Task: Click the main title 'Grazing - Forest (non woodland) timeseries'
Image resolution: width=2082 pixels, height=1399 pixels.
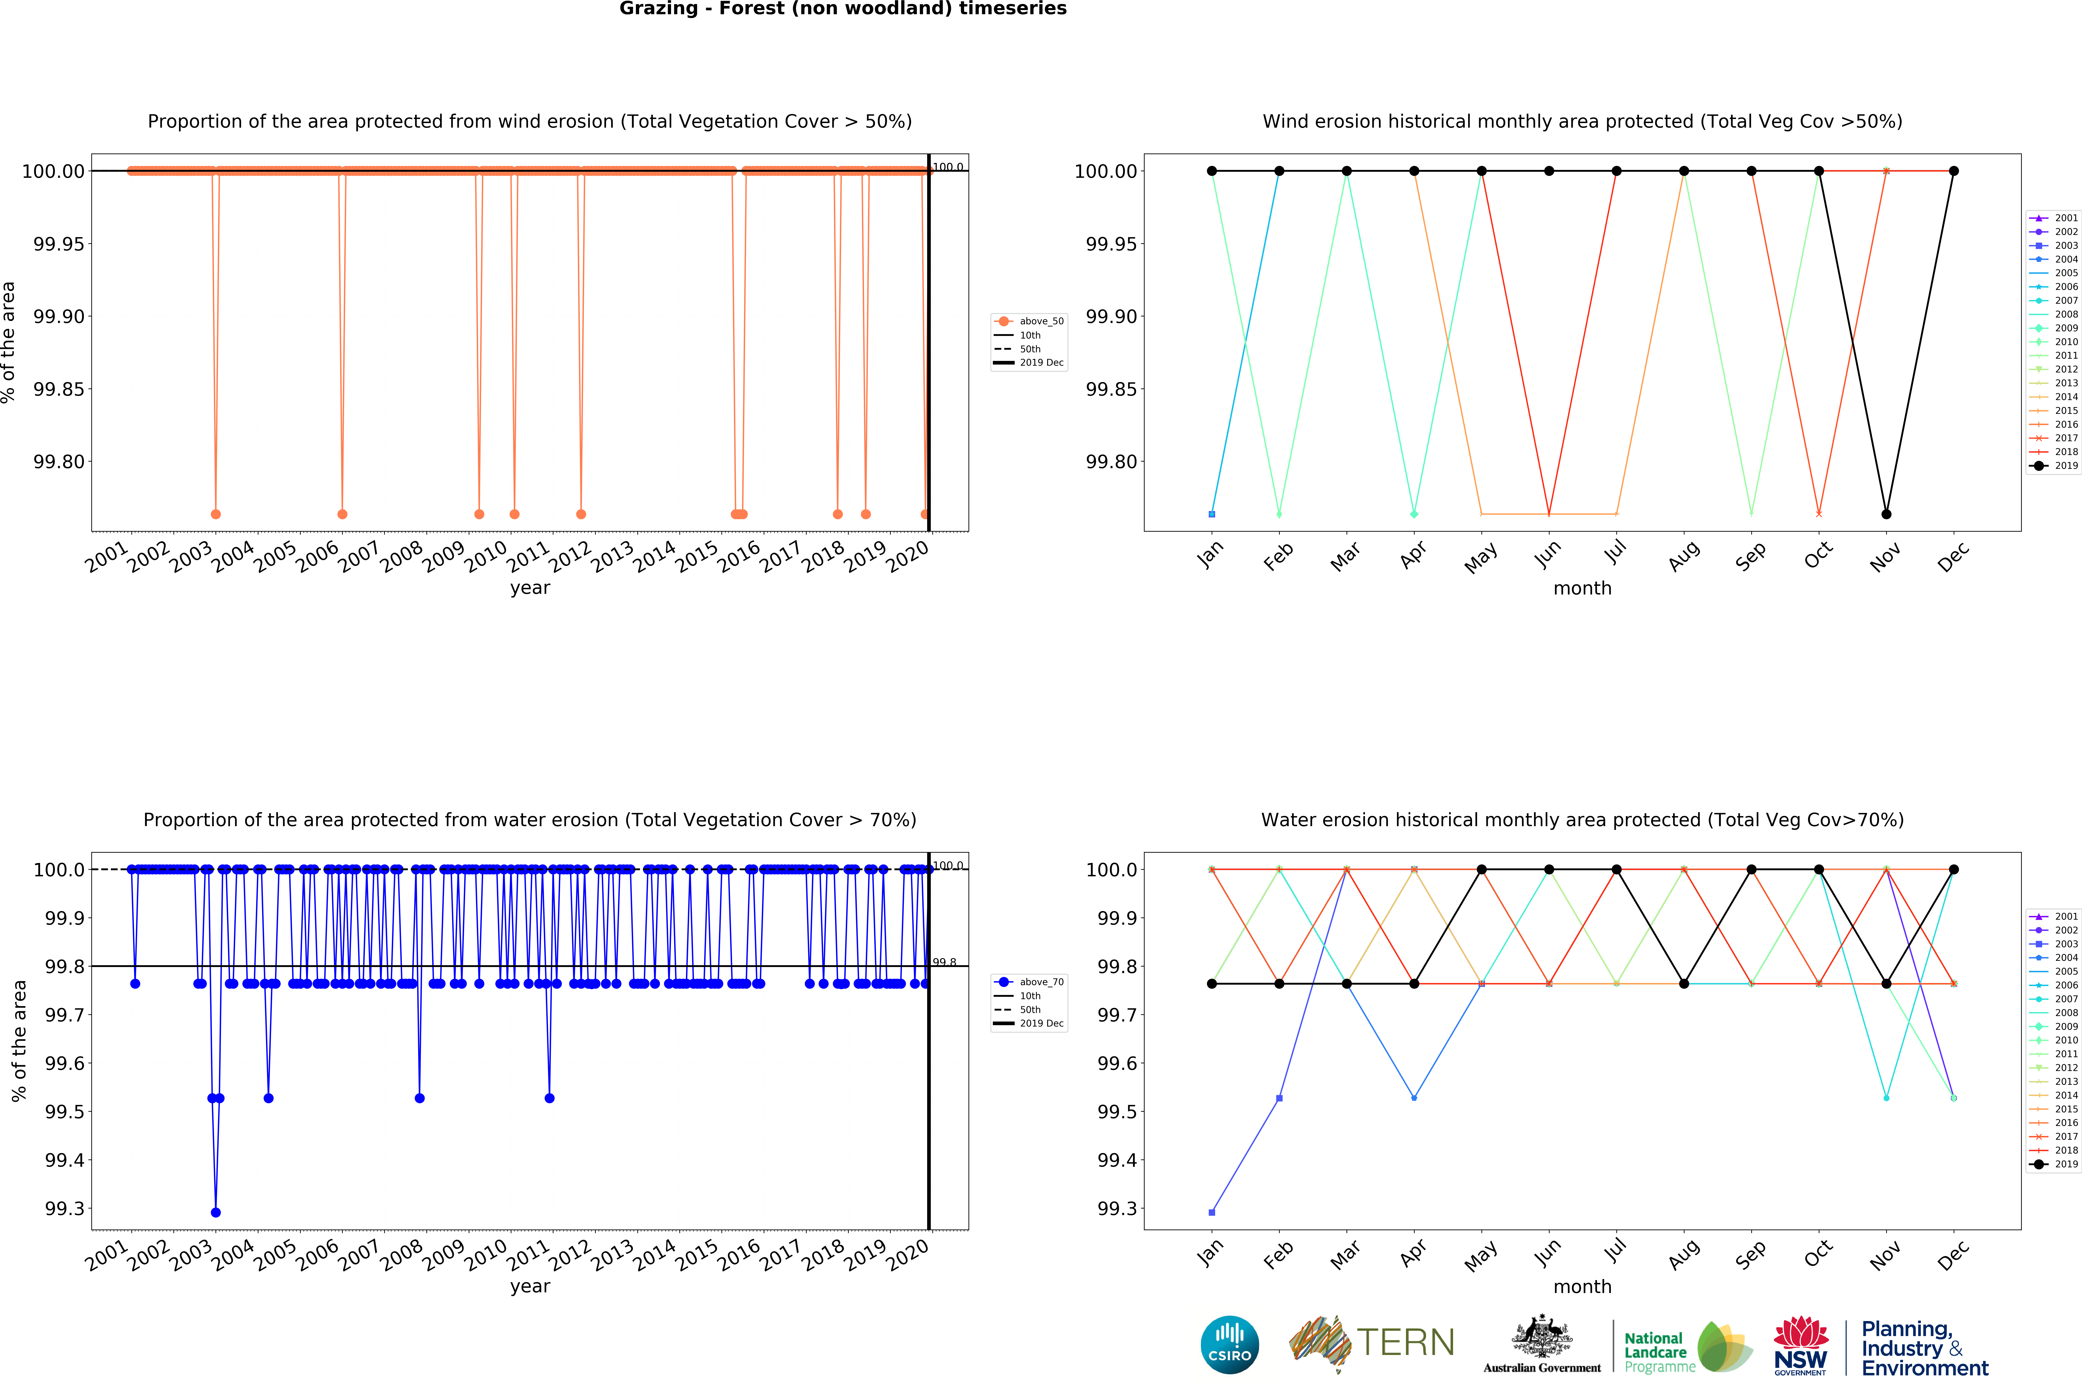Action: coord(842,9)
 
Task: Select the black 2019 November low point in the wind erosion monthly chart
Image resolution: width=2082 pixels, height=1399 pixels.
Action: coord(1886,514)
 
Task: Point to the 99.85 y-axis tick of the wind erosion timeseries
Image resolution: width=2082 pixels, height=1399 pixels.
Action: coord(59,389)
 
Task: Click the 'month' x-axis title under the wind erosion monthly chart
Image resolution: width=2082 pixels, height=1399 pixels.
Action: coord(1582,588)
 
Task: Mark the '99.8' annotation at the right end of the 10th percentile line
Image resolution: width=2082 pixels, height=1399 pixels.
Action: coord(944,962)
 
